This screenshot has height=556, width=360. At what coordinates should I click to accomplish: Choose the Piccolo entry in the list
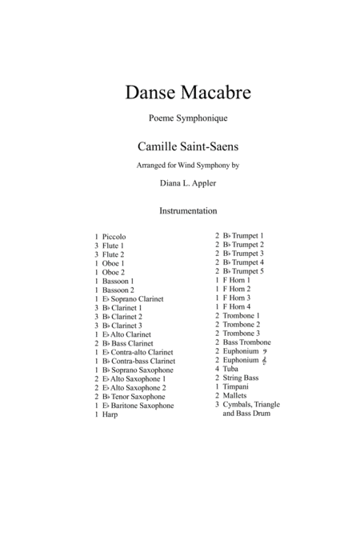pos(114,237)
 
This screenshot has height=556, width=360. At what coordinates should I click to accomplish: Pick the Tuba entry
pos(232,369)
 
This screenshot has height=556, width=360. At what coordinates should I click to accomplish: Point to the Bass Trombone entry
pos(250,342)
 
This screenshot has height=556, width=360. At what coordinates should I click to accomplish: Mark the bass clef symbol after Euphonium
pos(265,351)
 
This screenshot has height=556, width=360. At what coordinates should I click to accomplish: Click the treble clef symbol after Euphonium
pos(265,360)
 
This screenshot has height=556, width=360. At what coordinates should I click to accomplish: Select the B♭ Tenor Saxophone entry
pos(134,397)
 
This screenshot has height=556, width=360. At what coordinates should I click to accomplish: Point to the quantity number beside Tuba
pos(217,369)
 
